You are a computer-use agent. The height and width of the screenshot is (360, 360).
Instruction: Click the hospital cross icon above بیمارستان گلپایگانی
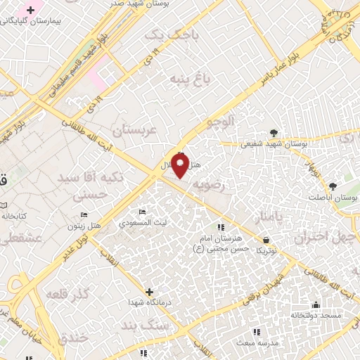30,10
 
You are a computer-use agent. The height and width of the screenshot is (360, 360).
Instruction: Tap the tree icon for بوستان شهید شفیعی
274,132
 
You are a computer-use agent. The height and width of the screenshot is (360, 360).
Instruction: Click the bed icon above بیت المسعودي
142,211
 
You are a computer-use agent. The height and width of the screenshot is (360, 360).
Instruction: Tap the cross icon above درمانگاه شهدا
149,291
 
